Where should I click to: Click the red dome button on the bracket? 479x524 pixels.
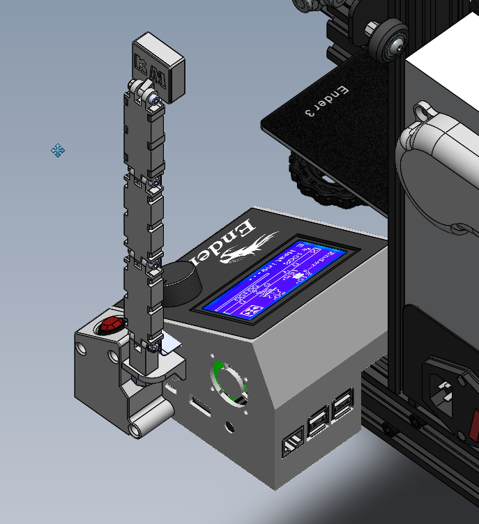[111, 325]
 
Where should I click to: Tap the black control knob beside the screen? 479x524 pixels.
[181, 284]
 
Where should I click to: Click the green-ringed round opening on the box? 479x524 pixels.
[231, 383]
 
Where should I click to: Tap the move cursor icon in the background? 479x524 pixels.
[58, 151]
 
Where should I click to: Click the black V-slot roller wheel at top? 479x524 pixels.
[387, 41]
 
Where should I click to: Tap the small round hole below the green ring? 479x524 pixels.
[230, 425]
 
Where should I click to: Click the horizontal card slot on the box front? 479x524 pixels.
[200, 406]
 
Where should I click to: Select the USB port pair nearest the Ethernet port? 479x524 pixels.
[318, 422]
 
